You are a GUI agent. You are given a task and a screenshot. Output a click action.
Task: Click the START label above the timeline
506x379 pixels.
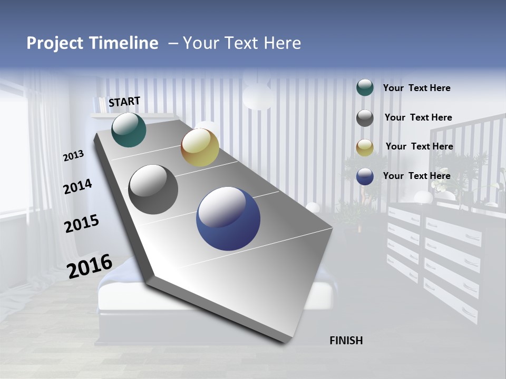coord(124,102)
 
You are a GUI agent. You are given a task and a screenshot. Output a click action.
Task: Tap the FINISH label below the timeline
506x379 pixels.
coord(346,341)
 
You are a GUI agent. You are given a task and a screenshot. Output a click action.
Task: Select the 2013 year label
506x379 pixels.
coord(74,156)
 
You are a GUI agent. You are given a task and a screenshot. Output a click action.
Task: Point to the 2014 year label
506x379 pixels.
coord(77,187)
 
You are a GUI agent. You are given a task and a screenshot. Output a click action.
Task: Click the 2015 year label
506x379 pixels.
coord(81,224)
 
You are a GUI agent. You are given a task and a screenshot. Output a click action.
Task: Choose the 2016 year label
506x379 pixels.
coord(90,266)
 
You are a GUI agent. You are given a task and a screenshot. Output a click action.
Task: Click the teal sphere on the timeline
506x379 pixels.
coord(129,129)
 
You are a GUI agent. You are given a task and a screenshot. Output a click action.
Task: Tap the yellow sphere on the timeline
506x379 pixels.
coord(200,147)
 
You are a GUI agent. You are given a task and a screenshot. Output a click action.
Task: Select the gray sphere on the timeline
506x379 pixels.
coord(153,189)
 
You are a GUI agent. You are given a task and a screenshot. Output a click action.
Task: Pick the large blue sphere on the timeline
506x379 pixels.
coord(228,218)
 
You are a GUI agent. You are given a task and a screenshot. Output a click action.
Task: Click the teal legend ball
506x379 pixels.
coord(365,88)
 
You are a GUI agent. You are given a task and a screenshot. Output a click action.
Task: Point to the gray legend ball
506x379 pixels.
coord(365,118)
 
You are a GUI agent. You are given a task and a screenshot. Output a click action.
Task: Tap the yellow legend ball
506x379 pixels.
coord(365,147)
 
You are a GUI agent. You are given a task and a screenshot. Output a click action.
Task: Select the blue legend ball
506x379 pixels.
coord(365,176)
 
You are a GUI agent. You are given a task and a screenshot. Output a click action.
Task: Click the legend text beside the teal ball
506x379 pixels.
coord(416,88)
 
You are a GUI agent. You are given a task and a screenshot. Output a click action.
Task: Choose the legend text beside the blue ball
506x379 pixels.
coord(416,176)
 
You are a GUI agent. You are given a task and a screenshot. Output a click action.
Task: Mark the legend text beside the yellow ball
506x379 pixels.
coord(419,146)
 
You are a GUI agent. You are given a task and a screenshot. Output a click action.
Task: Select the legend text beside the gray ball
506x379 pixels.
coord(418,117)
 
